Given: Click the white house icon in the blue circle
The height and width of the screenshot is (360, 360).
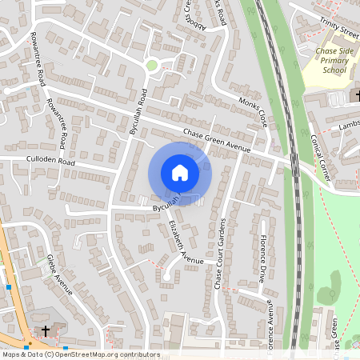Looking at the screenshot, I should [180, 173].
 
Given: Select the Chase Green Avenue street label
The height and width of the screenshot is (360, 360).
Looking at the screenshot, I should [216, 141].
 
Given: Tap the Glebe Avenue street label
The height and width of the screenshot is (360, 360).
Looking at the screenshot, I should [59, 274].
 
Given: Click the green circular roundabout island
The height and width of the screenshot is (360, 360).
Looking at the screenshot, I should [151, 66].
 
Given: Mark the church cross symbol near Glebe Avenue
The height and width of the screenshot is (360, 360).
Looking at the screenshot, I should [46, 330].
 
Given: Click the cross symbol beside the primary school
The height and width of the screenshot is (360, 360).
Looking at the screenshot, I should [356, 96].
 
